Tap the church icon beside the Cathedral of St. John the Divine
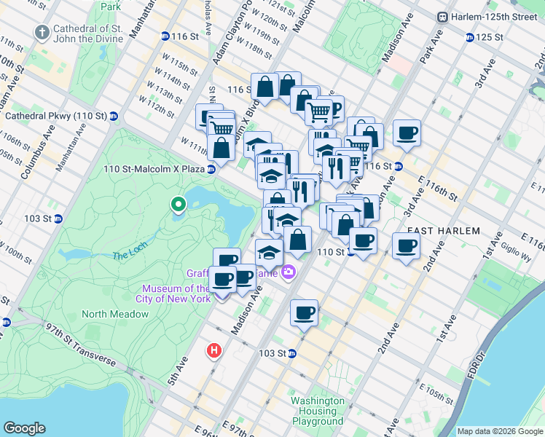point(42,33)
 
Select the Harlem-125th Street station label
point(496,17)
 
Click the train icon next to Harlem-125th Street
point(442,17)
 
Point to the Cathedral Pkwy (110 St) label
point(56,116)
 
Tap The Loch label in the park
point(130,256)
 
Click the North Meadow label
point(115,314)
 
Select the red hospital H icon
point(214,350)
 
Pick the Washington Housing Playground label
point(318,411)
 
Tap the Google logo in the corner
point(24,428)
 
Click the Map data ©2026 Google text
point(500,431)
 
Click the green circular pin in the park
point(177,206)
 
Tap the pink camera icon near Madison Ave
point(290,272)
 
